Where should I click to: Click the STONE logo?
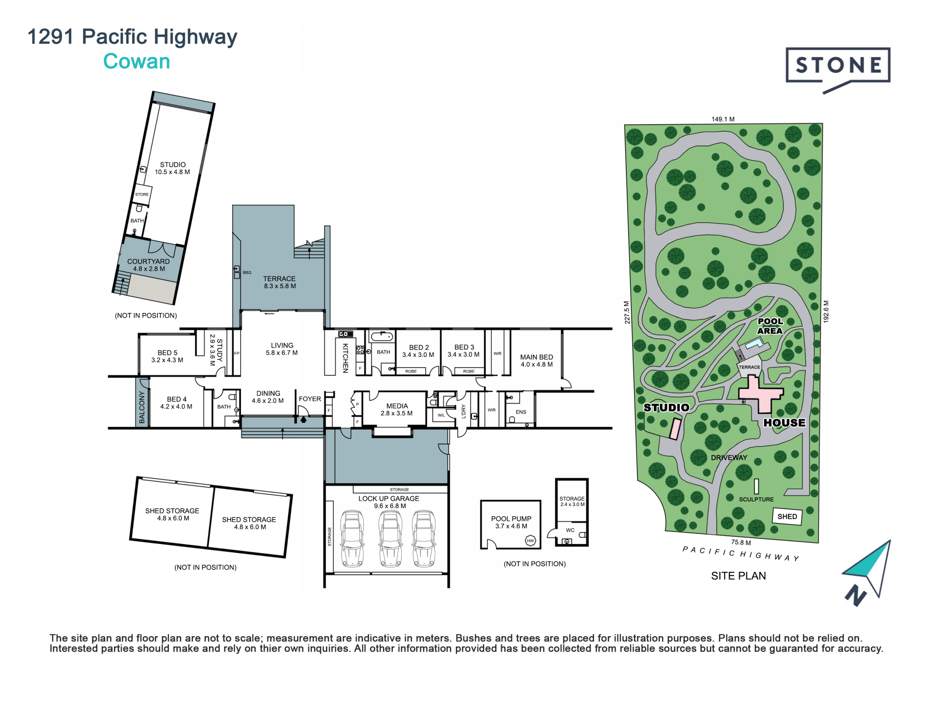pos(838,70)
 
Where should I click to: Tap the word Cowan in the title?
pos(137,61)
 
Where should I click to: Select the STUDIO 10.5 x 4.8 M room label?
pos(172,168)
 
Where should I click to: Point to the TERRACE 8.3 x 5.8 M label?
pos(280,282)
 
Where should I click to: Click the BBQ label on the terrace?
pos(247,273)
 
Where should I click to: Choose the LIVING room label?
pos(282,349)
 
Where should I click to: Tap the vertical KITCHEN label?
pos(345,358)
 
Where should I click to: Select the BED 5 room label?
pos(167,356)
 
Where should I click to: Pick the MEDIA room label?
pos(397,409)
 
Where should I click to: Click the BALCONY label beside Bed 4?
pos(142,407)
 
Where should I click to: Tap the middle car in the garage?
pos(391,539)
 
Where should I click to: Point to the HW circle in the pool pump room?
pos(530,541)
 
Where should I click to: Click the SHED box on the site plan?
pos(787,516)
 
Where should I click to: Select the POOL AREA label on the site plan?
pos(770,326)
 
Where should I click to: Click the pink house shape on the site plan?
pos(760,393)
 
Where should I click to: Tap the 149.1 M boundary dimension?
pos(723,119)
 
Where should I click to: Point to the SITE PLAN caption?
pos(738,576)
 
